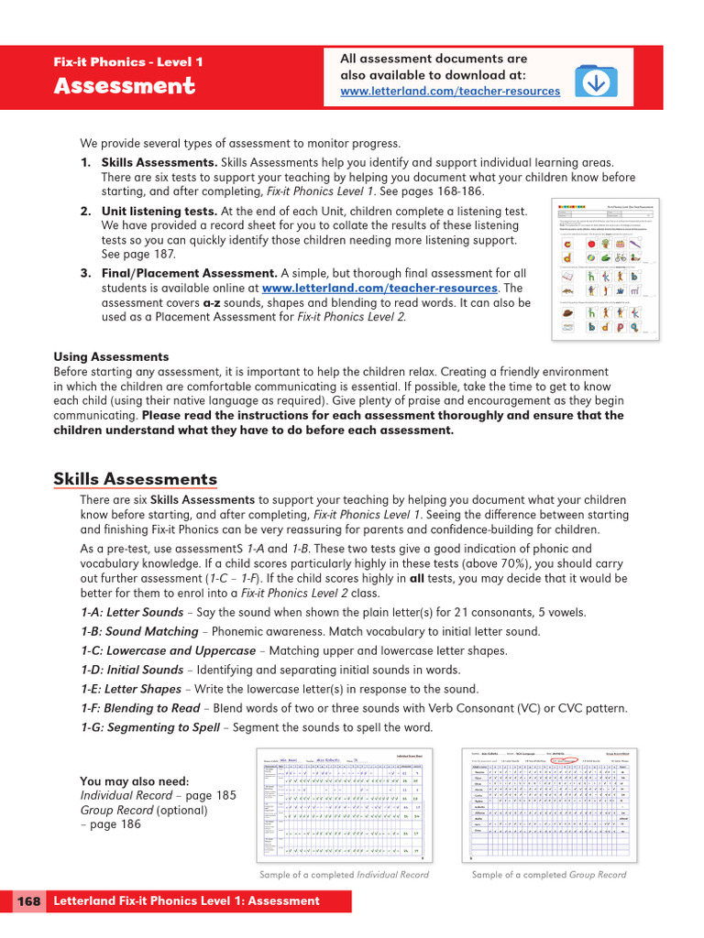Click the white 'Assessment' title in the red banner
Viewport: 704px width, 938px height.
coord(124,86)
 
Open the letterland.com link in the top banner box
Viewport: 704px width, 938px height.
coord(449,92)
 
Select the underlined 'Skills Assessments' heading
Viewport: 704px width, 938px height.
coord(135,479)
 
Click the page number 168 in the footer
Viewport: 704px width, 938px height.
coord(28,900)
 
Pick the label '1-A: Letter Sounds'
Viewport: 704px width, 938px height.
coord(131,612)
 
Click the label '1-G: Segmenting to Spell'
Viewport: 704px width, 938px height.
coord(149,727)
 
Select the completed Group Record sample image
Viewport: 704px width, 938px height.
coord(549,803)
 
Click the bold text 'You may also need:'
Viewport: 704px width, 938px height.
coord(135,780)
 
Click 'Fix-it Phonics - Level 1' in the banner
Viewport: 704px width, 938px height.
coord(128,62)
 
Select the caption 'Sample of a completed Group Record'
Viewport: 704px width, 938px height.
coord(549,875)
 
